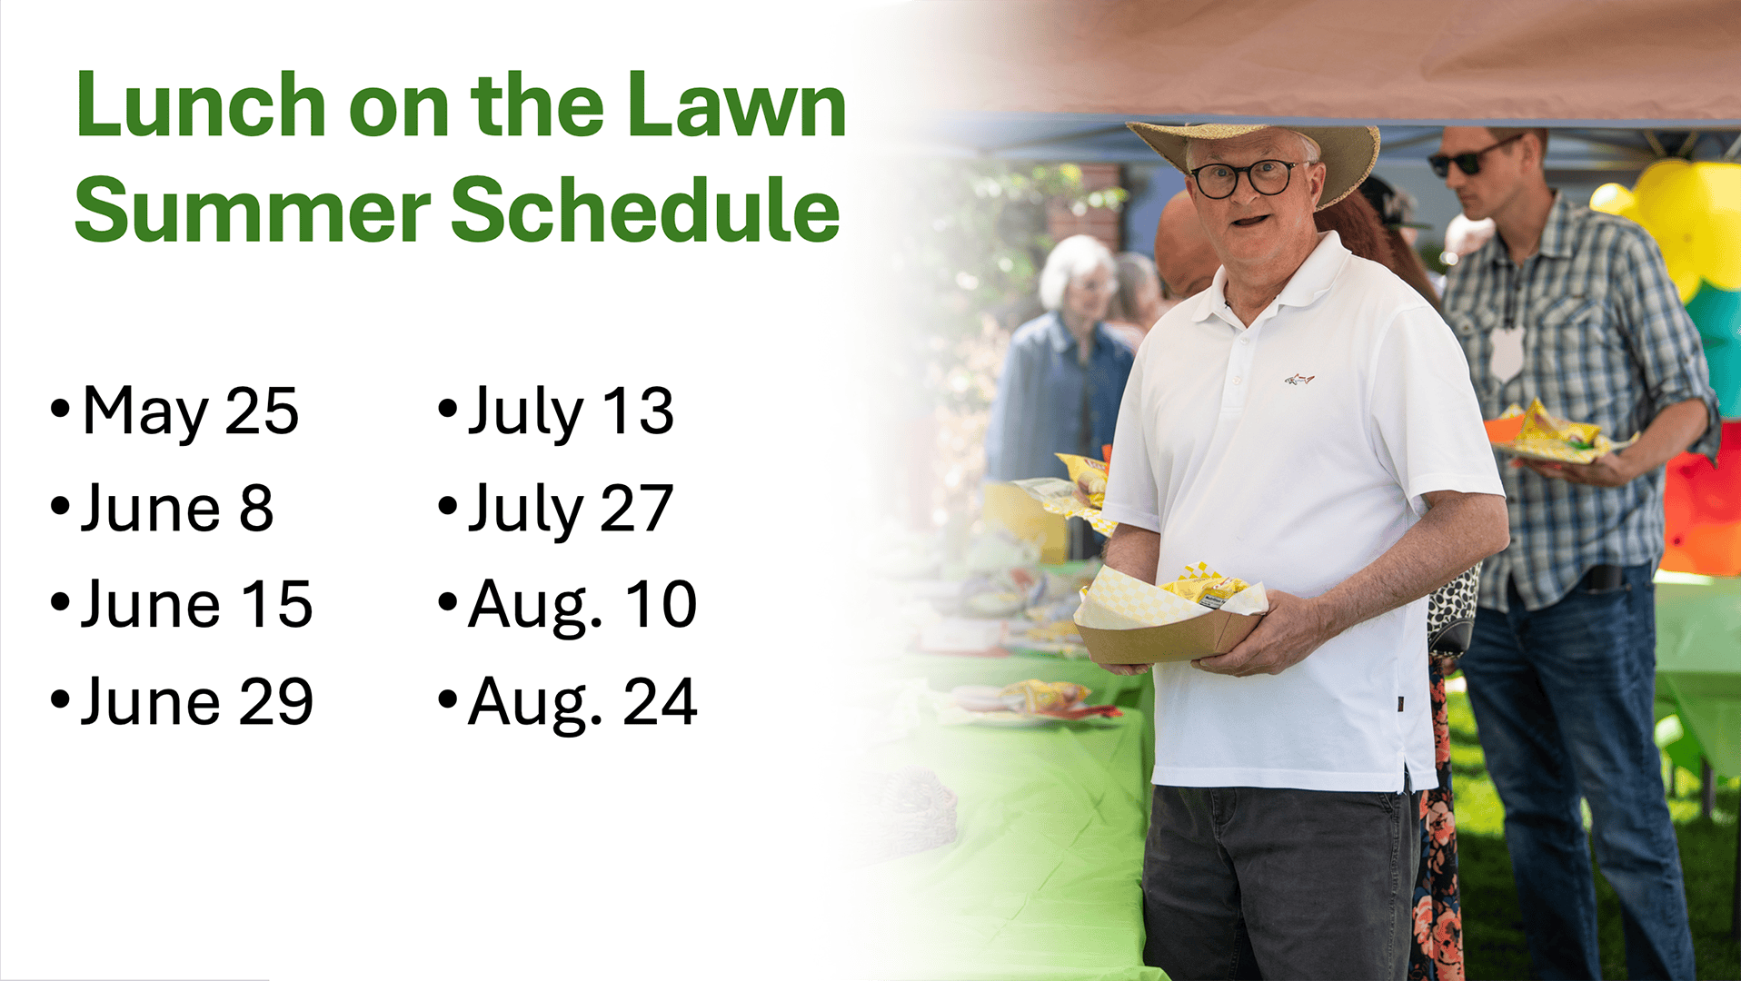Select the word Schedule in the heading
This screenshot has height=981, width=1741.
pyautogui.click(x=645, y=210)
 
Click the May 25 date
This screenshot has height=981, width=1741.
pyautogui.click(x=191, y=411)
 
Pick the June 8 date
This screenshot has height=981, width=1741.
pyautogui.click(x=177, y=509)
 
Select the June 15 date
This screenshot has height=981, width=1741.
pyautogui.click(x=197, y=605)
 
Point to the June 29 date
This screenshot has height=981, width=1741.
pyautogui.click(x=197, y=702)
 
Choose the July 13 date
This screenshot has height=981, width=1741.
pyautogui.click(x=571, y=411)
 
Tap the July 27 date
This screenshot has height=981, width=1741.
pyautogui.click(x=571, y=509)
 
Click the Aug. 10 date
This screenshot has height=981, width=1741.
pyautogui.click(x=582, y=606)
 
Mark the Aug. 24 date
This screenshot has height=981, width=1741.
pyautogui.click(x=582, y=703)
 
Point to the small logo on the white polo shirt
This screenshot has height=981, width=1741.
pyautogui.click(x=1299, y=378)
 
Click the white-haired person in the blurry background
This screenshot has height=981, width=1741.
pyautogui.click(x=1061, y=363)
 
